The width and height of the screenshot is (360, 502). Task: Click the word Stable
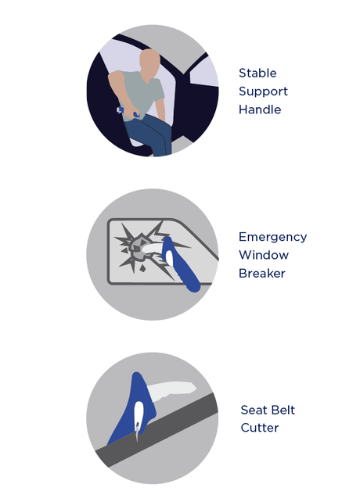tap(257, 73)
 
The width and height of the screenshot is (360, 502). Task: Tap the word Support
tap(263, 91)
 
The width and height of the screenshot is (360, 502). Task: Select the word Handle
tap(260, 109)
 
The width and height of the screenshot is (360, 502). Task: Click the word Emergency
tap(273, 237)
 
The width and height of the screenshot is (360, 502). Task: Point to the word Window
tap(264, 255)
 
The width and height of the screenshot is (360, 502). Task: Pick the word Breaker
tap(262, 274)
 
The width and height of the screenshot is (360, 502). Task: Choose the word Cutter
tap(260, 428)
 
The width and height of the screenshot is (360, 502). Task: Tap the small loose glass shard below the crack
tap(142, 268)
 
